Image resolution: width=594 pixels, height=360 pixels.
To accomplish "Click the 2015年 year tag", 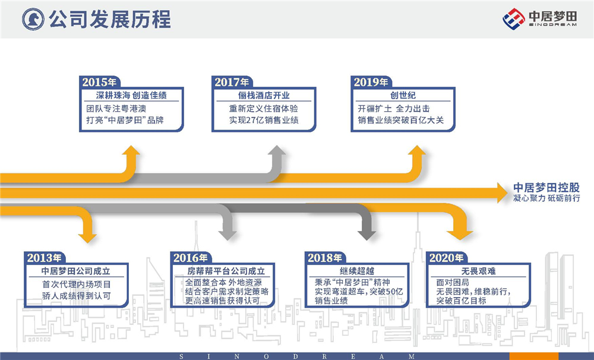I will (100, 82).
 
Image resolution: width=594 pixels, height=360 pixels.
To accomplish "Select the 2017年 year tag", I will (232, 82).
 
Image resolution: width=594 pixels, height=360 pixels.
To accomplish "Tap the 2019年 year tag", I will (371, 82).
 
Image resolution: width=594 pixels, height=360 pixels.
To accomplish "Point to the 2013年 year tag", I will (45, 258).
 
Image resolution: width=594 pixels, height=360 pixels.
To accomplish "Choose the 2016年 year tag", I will (191, 258).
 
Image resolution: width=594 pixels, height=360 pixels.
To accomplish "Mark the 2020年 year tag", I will (446, 258).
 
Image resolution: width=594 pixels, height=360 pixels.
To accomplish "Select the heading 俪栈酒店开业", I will (264, 96).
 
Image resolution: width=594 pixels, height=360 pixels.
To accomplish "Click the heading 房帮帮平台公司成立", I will (222, 271).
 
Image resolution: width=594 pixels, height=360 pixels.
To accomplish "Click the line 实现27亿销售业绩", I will (264, 121).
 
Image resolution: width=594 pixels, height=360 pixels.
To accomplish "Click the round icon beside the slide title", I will (34, 19).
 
